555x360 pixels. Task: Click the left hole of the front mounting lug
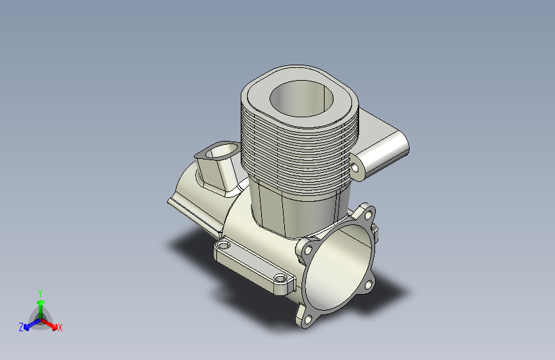tap(223, 245)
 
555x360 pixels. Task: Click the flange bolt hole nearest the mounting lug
tap(307, 250)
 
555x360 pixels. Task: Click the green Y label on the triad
tap(40, 291)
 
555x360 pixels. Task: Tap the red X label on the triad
tap(60, 327)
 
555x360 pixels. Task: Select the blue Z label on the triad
tap(21, 327)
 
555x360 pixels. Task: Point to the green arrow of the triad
tap(40, 304)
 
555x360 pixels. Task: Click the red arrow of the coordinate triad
tap(51, 324)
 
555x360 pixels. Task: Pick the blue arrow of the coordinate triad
tap(29, 324)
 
